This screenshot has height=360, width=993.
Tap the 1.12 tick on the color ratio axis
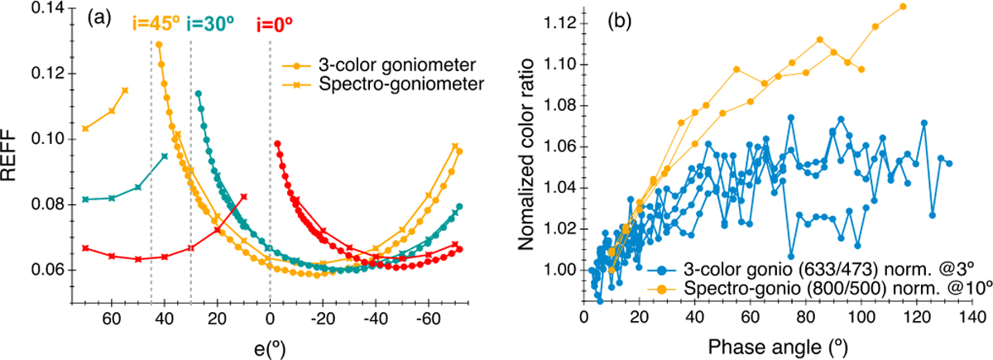pos(552,24)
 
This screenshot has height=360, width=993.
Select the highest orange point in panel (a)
pos(158,45)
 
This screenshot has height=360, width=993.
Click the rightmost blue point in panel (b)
pos(949,163)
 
